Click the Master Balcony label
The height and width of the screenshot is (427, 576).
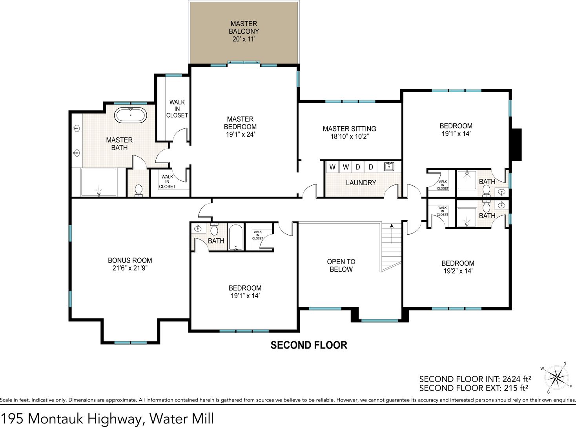tap(244, 31)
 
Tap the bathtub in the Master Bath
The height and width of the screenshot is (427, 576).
tap(131, 115)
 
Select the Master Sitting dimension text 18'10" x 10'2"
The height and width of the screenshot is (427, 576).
tap(350, 136)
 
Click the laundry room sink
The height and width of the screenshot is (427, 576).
tap(389, 166)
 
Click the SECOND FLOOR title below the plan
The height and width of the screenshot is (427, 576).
tap(309, 345)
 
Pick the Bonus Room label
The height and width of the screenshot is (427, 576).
tap(130, 264)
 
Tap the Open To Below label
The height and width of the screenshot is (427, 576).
tap(341, 265)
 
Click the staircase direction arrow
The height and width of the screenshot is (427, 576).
tap(392, 234)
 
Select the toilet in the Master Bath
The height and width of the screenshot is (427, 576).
tap(139, 190)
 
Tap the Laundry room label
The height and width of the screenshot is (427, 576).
tap(361, 183)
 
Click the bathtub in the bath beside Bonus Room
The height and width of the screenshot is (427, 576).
tap(236, 237)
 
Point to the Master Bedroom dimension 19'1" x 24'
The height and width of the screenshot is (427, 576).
tap(240, 135)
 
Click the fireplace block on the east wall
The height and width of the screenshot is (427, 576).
tap(516, 145)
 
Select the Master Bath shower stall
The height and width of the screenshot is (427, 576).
tap(99, 182)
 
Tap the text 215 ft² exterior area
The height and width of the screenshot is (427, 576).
tap(516, 388)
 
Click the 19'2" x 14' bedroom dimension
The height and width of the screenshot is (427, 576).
tap(458, 271)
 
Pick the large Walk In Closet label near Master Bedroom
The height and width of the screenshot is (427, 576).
tap(177, 109)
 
